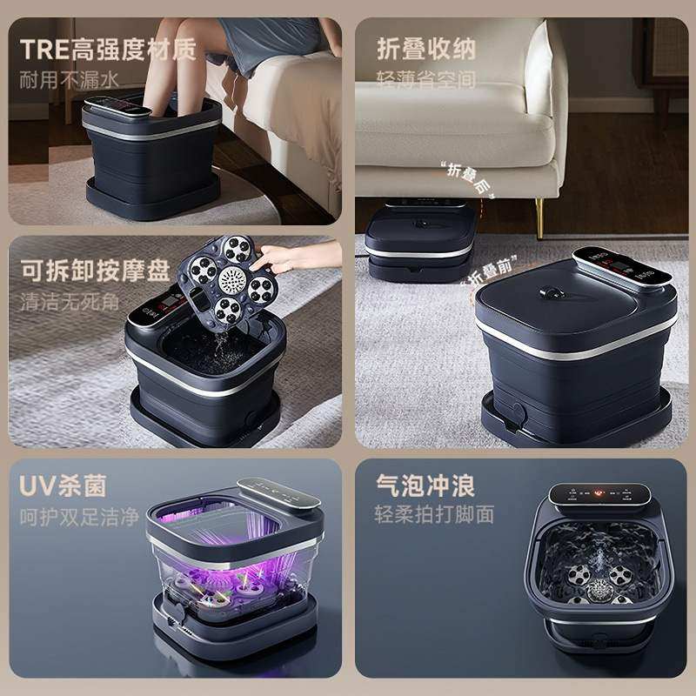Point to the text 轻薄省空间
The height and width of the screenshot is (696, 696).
pyautogui.click(x=426, y=79)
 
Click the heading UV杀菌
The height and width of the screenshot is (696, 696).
pyautogui.click(x=64, y=484)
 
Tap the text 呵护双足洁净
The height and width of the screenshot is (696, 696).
pyautogui.click(x=80, y=515)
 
